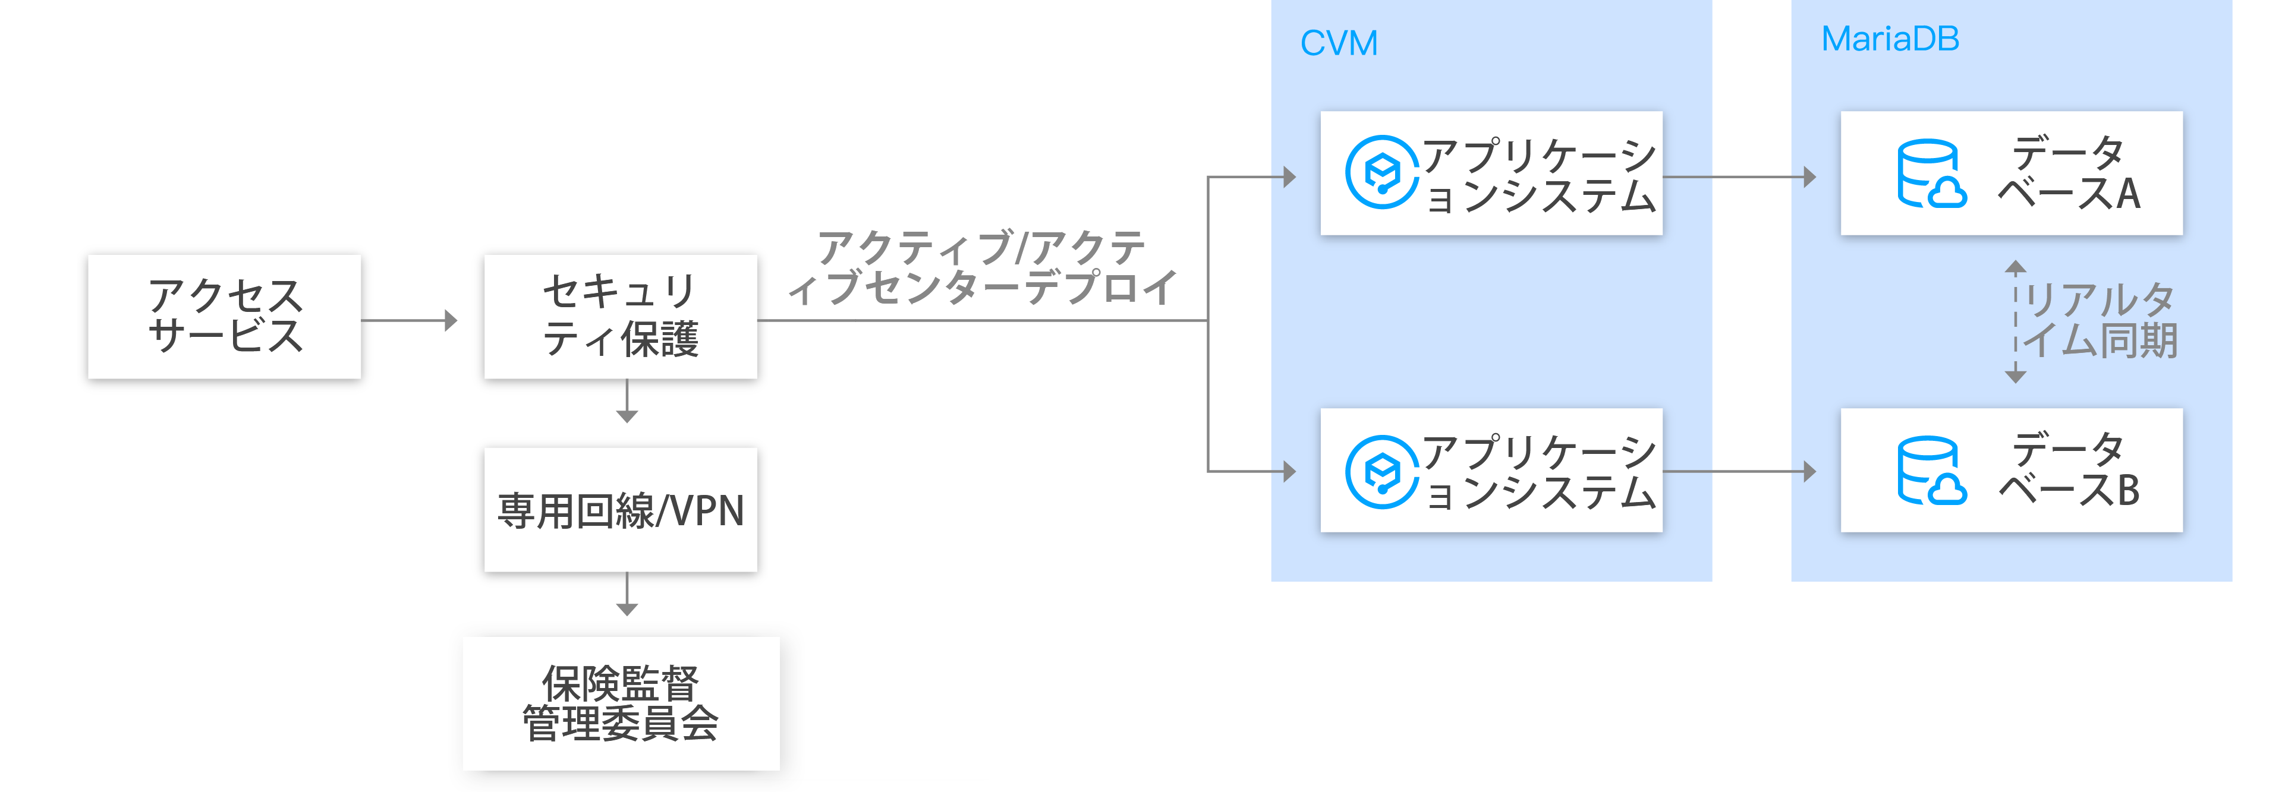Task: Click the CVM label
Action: (x=1339, y=43)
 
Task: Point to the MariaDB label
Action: (x=1890, y=39)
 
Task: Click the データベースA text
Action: (x=2069, y=173)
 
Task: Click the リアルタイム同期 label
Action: (x=2100, y=321)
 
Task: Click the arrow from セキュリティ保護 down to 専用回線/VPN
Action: (x=627, y=401)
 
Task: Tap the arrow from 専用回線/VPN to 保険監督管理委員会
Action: (x=627, y=594)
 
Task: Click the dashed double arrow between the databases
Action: (x=2015, y=321)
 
